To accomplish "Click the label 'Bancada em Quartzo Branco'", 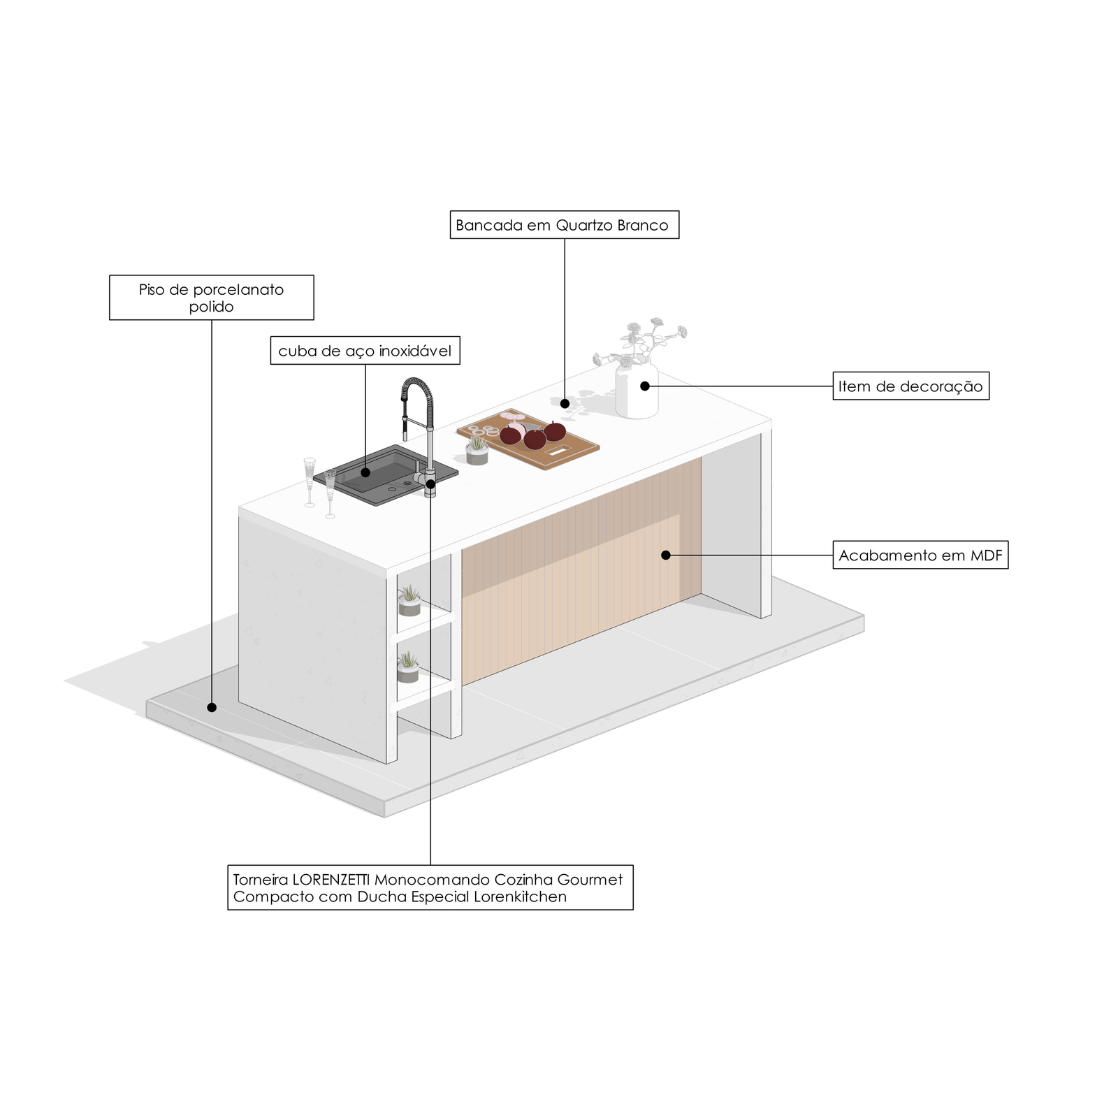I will pyautogui.click(x=564, y=225).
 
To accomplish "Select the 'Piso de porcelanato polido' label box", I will pyautogui.click(x=211, y=298).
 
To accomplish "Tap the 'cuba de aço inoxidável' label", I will pyautogui.click(x=365, y=351).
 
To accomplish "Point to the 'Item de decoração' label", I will pyautogui.click(x=910, y=386).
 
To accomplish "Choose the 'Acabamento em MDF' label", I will pyautogui.click(x=920, y=556).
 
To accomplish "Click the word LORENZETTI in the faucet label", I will pyautogui.click(x=331, y=880).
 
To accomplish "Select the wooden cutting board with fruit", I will pyautogui.click(x=529, y=439).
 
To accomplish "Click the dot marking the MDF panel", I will pyautogui.click(x=666, y=556).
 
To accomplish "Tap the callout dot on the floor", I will pyautogui.click(x=212, y=707).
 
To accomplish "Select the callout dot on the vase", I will pyautogui.click(x=645, y=386).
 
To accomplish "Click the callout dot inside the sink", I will pyautogui.click(x=365, y=472).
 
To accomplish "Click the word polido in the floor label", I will pyautogui.click(x=211, y=307).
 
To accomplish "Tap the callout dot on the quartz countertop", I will pyautogui.click(x=565, y=404).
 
